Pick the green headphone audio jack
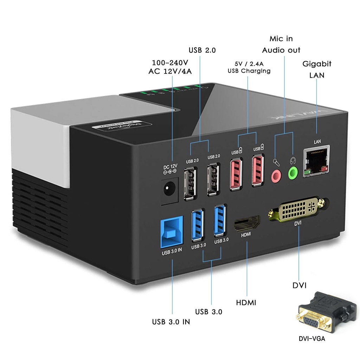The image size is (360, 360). [x=292, y=173]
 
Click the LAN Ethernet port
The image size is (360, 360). [x=317, y=161]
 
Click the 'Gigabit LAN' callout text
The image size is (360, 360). [x=317, y=69]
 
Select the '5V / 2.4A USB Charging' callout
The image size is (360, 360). [x=249, y=67]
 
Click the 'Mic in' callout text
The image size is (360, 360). [x=281, y=39]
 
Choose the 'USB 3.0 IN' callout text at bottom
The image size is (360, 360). [x=171, y=322]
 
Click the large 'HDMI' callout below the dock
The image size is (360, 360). [x=246, y=302]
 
